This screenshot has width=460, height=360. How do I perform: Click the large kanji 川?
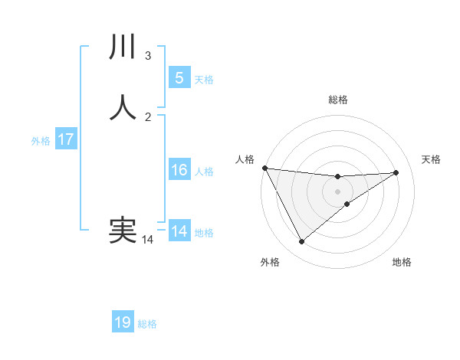pos(123,47)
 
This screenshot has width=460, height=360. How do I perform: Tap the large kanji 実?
pos(123,231)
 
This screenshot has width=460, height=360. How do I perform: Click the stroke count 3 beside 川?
pos(148,55)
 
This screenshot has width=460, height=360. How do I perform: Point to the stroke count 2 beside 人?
pos(148,116)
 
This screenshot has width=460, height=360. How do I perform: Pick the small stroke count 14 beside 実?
pos(147,240)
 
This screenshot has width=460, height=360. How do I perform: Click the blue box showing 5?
pos(179,78)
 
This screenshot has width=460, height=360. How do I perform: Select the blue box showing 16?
pos(179,170)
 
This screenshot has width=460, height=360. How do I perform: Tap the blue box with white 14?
pos(179,231)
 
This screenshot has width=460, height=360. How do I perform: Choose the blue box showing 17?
pos(66,139)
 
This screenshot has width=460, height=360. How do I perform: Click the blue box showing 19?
pos(123,322)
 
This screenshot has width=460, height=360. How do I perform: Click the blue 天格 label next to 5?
pos(204,80)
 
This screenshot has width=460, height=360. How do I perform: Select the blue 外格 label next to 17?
pos(41,141)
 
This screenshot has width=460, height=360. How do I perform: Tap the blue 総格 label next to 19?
pos(147,324)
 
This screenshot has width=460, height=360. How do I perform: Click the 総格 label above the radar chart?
pos(337,100)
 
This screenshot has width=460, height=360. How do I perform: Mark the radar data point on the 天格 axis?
pos(396,172)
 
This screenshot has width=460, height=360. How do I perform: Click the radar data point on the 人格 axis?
pos(264,168)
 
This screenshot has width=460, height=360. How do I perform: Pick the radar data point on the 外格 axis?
pos(301,242)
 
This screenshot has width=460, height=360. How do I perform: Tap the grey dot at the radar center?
pos(337,191)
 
